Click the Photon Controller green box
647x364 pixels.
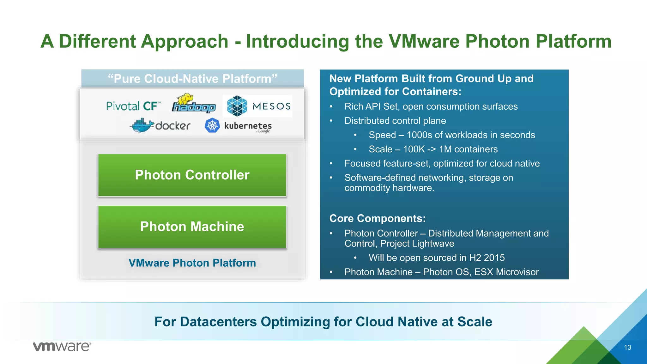point(192,175)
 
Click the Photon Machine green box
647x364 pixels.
point(192,227)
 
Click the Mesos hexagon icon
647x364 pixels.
point(237,106)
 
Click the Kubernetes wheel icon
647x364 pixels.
point(212,126)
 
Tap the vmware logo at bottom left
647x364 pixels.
point(62,347)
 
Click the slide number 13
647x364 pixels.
point(627,348)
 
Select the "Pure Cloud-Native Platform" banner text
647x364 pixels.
point(192,79)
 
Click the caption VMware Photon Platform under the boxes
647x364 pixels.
point(192,263)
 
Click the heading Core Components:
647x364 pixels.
point(378,218)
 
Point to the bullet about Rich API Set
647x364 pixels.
point(431,106)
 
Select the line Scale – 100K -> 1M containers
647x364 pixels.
point(433,149)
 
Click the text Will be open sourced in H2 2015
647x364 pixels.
point(437,258)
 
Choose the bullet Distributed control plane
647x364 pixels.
point(395,121)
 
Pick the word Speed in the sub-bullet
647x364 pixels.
point(382,135)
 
